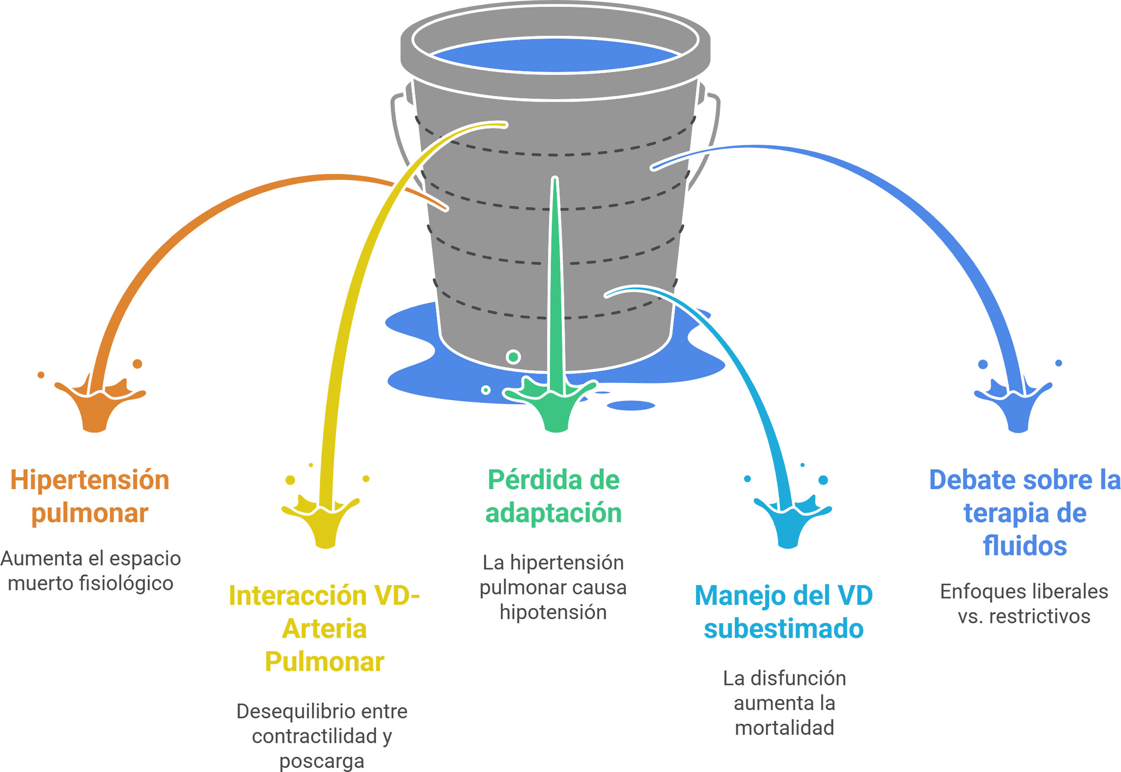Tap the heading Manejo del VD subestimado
(x=783, y=611)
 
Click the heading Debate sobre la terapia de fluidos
(x=1024, y=512)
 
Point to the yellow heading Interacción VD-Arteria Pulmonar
(x=324, y=628)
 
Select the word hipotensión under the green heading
(x=553, y=612)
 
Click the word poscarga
(x=322, y=761)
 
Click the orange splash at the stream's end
(x=97, y=406)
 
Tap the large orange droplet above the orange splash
(x=137, y=364)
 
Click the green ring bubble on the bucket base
(x=513, y=357)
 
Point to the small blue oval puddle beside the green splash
(x=630, y=405)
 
